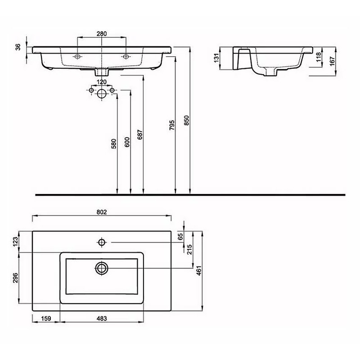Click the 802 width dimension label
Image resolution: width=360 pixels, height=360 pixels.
point(101,212)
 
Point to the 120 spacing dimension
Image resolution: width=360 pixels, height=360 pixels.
point(102,82)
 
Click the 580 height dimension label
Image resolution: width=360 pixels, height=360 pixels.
point(114,143)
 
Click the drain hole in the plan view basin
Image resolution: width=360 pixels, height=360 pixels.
point(102,268)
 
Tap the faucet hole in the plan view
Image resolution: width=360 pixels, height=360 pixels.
point(102,243)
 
